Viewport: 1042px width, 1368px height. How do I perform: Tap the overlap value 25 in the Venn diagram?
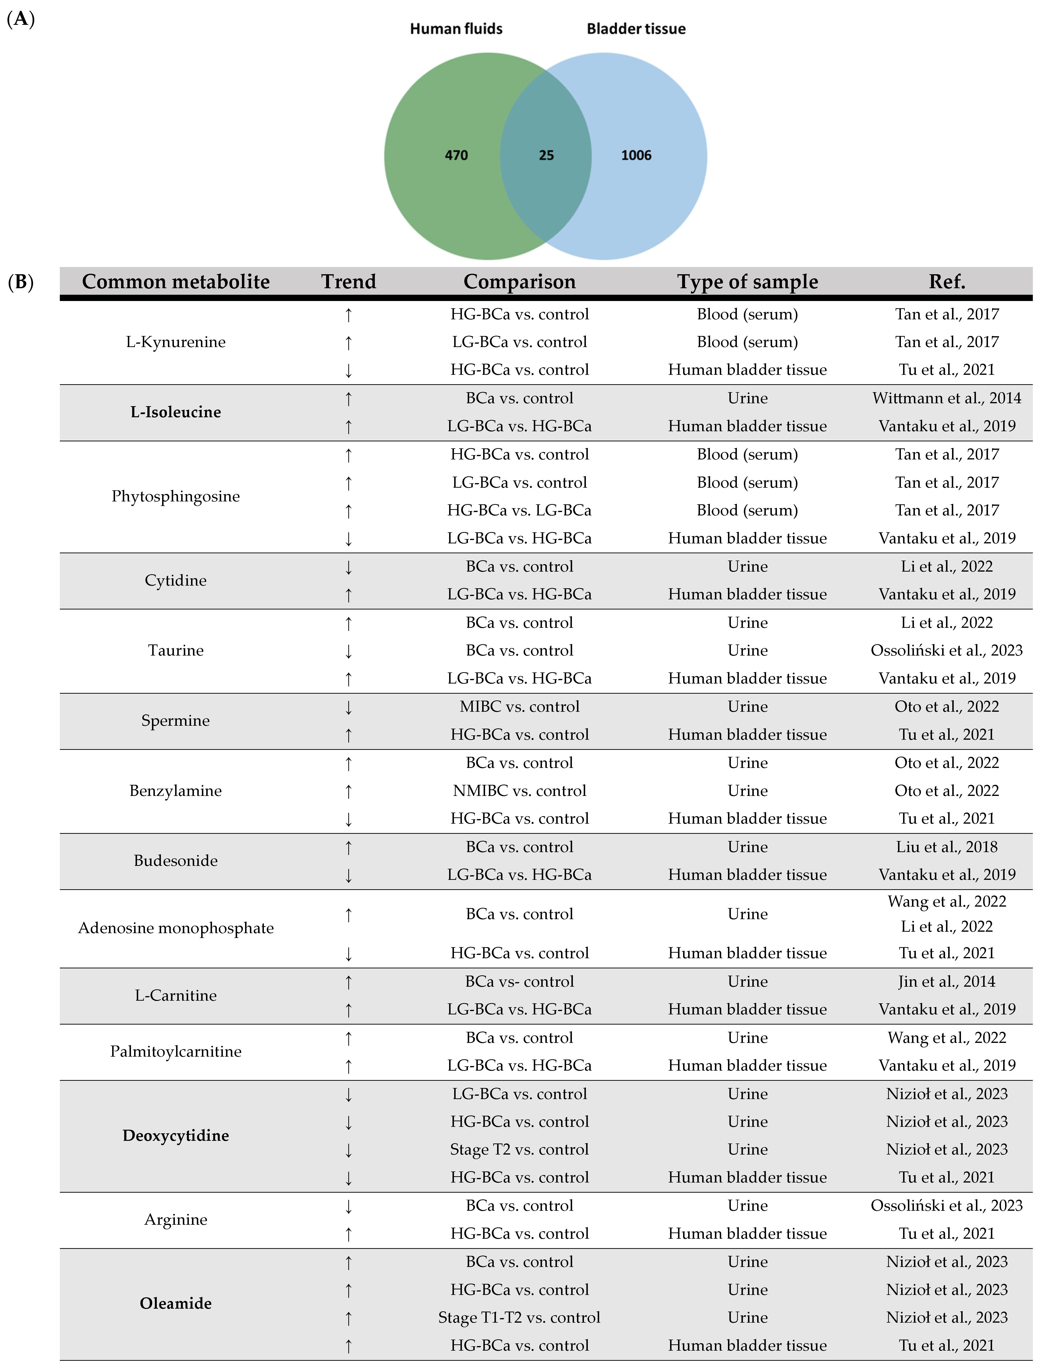click(x=546, y=155)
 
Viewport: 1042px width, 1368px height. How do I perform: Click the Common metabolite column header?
click(x=176, y=281)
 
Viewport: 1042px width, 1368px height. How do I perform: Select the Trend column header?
click(x=349, y=281)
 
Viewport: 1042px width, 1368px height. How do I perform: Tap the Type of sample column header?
click(x=747, y=281)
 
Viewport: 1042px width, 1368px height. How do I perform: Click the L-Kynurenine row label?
click(x=176, y=342)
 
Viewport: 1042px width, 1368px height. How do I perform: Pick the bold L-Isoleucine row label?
click(x=176, y=412)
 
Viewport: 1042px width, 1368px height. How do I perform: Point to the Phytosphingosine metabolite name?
click(x=176, y=496)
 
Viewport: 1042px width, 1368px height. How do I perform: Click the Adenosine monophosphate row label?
click(x=176, y=928)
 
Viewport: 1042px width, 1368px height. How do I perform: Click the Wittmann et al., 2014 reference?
click(x=946, y=398)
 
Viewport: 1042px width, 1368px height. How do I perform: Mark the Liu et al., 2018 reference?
click(x=946, y=847)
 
